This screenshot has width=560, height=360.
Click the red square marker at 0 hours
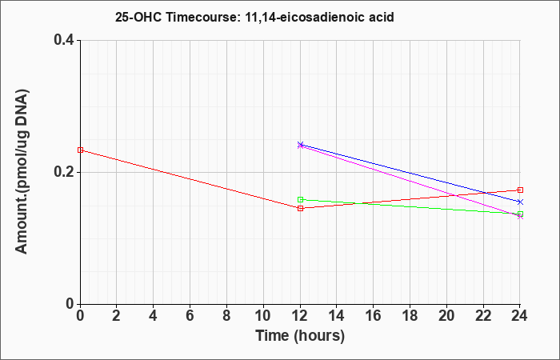pos(80,150)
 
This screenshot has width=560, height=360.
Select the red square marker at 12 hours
pos(300,208)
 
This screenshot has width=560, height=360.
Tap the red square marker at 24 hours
pos(520,190)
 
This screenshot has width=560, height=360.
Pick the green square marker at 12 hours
pos(300,200)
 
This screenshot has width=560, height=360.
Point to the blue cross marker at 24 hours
pos(520,202)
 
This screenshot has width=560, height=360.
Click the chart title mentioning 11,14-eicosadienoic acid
pos(254,17)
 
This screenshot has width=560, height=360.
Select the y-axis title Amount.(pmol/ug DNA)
pos(22,171)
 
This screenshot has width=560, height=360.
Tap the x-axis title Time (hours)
pos(300,336)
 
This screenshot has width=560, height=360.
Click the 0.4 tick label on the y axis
pos(63,40)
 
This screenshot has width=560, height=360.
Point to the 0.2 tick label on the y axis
pos(63,172)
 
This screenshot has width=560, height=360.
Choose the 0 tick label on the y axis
pos(70,304)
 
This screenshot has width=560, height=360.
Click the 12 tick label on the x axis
pos(300,316)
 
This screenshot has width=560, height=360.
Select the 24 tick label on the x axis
pos(519,316)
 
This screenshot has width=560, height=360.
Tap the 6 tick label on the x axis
pos(190,316)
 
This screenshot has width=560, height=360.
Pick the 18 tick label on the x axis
pos(410,316)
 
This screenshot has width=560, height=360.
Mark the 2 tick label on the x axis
pos(117,316)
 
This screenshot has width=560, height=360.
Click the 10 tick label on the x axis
pos(263,316)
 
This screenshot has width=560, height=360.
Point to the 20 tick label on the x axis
pos(446,316)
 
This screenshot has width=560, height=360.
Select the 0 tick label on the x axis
pos(80,316)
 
